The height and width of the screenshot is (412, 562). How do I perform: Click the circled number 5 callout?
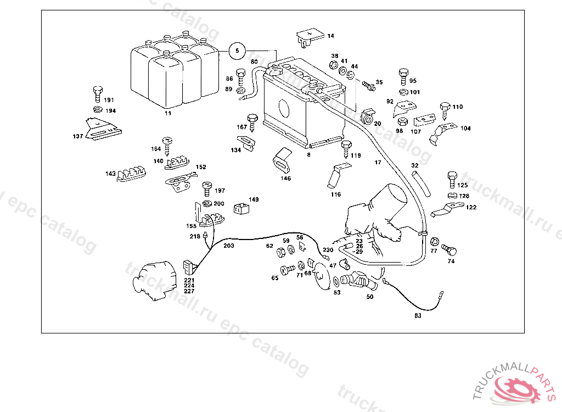point(237,51)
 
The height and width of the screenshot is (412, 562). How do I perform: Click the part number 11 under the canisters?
point(168,113)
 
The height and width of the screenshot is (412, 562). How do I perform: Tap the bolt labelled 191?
point(97,94)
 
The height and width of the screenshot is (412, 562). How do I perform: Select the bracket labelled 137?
point(103,130)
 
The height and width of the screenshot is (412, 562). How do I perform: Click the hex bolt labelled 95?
point(403,76)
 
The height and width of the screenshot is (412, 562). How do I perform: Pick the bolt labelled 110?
point(445,109)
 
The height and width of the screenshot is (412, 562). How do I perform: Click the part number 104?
point(465,129)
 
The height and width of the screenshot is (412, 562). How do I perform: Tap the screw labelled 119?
point(346,149)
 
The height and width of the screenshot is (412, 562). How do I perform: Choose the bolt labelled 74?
point(448,250)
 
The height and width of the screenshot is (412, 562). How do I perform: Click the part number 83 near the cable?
point(418,315)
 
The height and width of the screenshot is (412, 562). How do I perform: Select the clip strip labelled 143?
point(132,174)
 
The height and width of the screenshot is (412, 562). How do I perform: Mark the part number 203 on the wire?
point(228,246)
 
